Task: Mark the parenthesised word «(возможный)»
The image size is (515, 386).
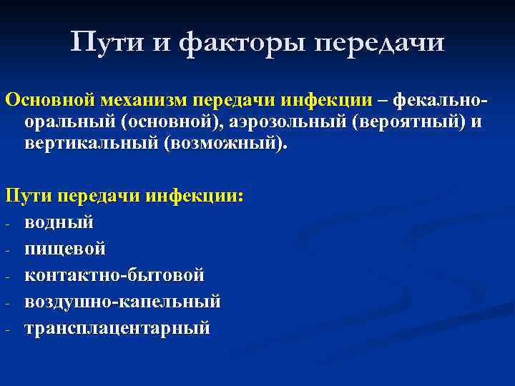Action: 225,143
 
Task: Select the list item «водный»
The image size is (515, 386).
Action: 59,222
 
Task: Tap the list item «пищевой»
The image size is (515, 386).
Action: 65,248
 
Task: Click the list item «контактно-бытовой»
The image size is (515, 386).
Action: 114,274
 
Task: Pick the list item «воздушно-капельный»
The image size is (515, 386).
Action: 122,301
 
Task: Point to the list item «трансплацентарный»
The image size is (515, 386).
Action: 117,327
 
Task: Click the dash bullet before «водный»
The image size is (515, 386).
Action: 7,223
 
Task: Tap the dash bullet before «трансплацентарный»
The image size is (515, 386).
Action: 7,329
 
